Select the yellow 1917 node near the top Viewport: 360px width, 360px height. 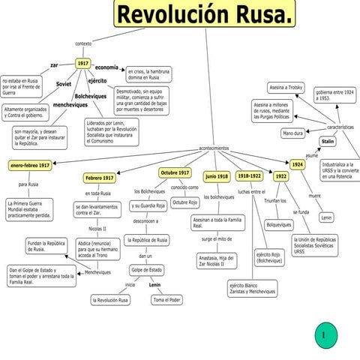point(83,64)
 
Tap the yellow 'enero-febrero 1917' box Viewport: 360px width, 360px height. point(31,165)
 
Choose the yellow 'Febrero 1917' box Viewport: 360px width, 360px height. point(100,178)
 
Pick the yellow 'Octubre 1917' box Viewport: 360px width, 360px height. point(175,172)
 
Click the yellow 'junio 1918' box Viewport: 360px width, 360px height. point(217,176)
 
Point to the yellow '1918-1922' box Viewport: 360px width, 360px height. point(249,175)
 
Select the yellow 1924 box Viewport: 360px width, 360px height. point(298,163)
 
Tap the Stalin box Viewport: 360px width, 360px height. point(328,141)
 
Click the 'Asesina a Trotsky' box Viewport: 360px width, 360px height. point(286,88)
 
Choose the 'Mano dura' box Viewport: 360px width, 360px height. point(293,133)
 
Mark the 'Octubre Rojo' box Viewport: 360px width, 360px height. point(185,202)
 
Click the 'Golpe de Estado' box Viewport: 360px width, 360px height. point(146,269)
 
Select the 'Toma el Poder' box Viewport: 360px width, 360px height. point(166,300)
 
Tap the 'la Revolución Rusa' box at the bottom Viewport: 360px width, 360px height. point(110,300)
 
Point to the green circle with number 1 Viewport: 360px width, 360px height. point(323,334)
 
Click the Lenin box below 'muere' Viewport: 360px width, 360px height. point(326,217)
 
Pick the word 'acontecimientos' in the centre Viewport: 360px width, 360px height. point(214,148)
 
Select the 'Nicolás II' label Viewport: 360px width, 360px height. point(97,228)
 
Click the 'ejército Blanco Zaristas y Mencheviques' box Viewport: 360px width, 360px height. point(252,288)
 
